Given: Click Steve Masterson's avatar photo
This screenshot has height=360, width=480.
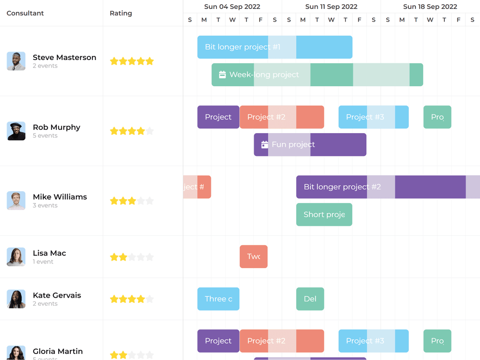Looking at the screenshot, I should click(x=16, y=61).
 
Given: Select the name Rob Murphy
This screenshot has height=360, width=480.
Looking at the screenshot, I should click(x=56, y=127).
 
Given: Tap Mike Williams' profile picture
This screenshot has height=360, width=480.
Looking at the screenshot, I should click(x=16, y=201).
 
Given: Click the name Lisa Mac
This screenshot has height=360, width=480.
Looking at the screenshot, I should click(x=49, y=253).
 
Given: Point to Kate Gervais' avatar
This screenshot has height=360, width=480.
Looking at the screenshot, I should click(x=16, y=299).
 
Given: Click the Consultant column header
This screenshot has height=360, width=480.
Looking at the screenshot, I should click(x=25, y=13).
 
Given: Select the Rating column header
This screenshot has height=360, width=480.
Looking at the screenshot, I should click(x=121, y=13).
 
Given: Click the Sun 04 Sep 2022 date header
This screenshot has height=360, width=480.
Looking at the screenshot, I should click(x=232, y=7).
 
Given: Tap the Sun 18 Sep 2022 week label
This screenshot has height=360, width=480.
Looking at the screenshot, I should click(x=430, y=7).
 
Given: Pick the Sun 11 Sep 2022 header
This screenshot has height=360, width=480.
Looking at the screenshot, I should click(x=331, y=7).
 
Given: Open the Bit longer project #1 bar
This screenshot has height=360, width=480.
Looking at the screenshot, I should click(x=275, y=47).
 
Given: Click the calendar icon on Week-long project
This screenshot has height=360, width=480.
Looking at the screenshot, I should click(x=223, y=75).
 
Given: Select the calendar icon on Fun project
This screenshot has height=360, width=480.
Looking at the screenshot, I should click(x=265, y=144).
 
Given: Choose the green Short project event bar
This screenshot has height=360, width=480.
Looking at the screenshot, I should click(x=324, y=214).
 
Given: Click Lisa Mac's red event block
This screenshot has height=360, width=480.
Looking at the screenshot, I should click(x=254, y=256).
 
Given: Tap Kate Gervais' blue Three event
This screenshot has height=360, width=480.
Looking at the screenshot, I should click(x=218, y=299).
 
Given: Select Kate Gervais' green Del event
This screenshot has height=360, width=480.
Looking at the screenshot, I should click(x=310, y=299).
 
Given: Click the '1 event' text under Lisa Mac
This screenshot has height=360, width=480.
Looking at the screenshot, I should click(x=43, y=262).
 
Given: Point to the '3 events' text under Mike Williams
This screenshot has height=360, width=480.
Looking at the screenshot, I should click(x=45, y=205).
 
